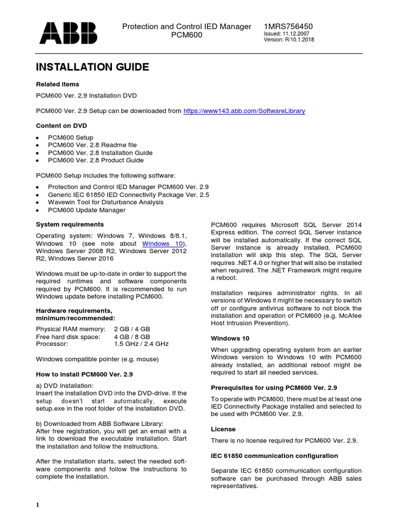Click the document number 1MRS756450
pyautogui.click(x=289, y=26)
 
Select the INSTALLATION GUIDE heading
pyautogui.click(x=92, y=67)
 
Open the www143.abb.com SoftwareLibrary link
pyautogui.click(x=245, y=110)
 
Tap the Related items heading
pyautogui.click(x=57, y=84)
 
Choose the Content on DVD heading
pyautogui.click(x=61, y=125)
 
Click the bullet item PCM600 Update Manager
pyautogui.click(x=87, y=210)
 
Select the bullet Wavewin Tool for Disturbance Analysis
pyautogui.click(x=106, y=202)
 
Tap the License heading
pyautogui.click(x=223, y=429)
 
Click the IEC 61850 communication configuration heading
pyautogui.click(x=275, y=456)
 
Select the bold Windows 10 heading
pyautogui.click(x=230, y=338)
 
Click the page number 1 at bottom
pyautogui.click(x=38, y=505)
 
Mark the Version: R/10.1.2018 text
pyautogui.click(x=289, y=40)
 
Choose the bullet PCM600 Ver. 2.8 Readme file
pyautogui.click(x=92, y=145)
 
